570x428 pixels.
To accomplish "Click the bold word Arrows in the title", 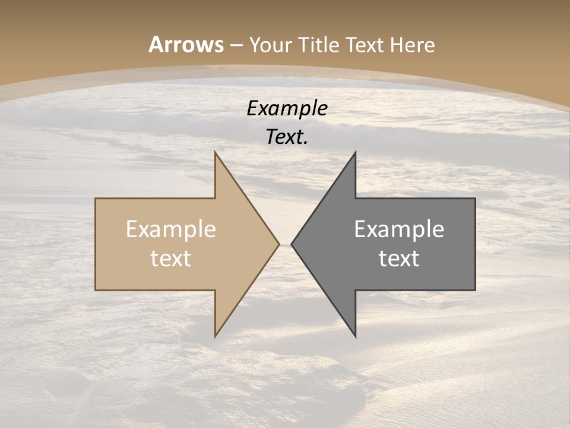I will [186, 45].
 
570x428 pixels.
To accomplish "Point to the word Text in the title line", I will [365, 45].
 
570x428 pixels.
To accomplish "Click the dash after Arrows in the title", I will [236, 45].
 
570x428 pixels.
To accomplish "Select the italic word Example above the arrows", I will [287, 109].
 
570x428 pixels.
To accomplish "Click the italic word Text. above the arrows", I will [287, 137].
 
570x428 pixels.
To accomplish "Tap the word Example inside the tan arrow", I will [171, 229].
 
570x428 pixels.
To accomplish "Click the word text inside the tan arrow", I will [171, 258].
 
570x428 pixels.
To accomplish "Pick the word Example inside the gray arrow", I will [399, 229].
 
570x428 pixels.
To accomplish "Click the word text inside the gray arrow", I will [399, 258].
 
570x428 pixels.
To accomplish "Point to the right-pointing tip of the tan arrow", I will [279, 244].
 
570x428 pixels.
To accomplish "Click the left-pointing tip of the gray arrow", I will [291, 244].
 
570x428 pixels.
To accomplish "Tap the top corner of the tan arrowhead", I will [215, 152].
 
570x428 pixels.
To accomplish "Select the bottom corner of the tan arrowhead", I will [215, 336].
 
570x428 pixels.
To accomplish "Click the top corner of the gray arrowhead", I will [355, 152].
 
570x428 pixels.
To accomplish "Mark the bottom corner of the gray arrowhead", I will [355, 336].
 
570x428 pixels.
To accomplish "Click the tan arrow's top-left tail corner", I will [96, 199].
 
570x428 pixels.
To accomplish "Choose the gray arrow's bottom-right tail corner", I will [475, 290].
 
